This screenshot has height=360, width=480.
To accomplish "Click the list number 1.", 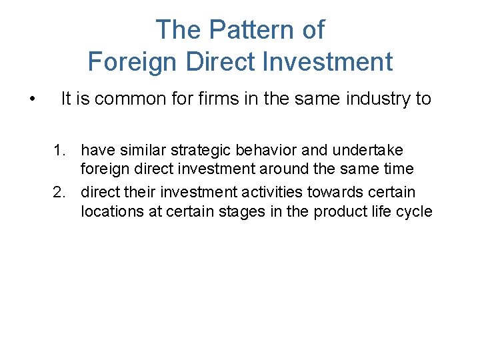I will pos(60,151).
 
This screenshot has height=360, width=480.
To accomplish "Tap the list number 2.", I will pos(60,193).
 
